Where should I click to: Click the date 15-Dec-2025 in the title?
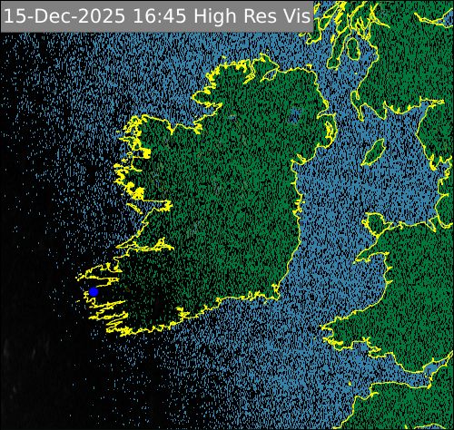(58, 16)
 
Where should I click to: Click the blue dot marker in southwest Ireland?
(93, 292)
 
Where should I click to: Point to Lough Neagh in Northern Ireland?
(294, 115)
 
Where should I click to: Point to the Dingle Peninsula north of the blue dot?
(100, 273)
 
